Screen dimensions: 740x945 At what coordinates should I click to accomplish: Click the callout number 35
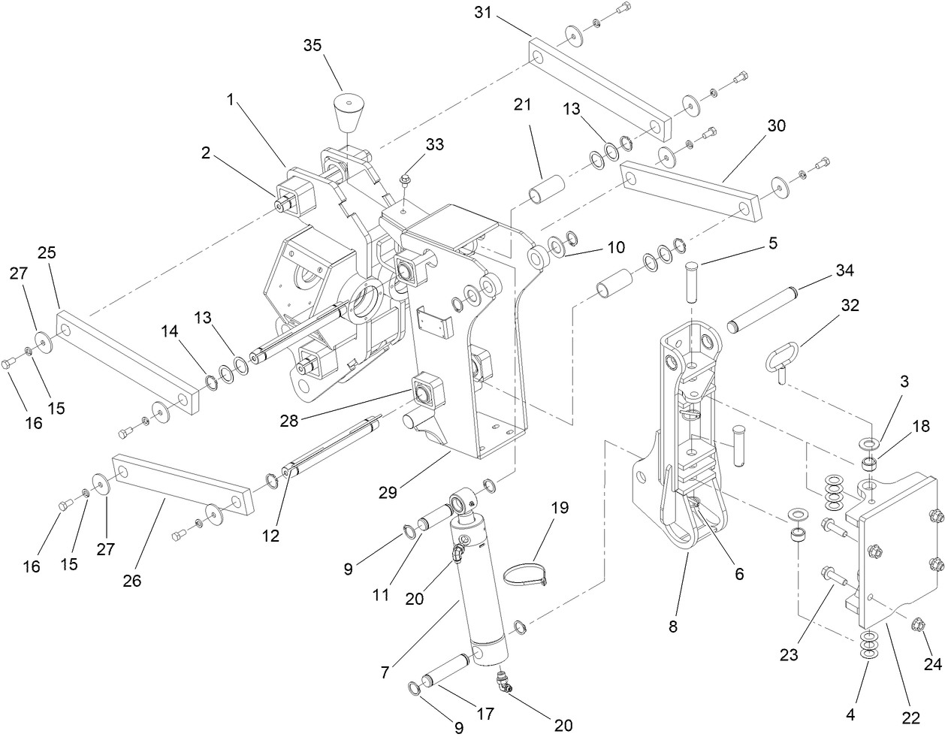[312, 45]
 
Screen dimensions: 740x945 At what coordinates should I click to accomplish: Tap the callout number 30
[776, 125]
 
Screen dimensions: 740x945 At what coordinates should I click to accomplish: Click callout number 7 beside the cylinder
[385, 672]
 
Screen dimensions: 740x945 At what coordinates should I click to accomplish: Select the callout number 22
[910, 717]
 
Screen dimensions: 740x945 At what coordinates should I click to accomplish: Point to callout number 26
[132, 580]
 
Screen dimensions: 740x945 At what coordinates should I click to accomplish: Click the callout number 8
[672, 625]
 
